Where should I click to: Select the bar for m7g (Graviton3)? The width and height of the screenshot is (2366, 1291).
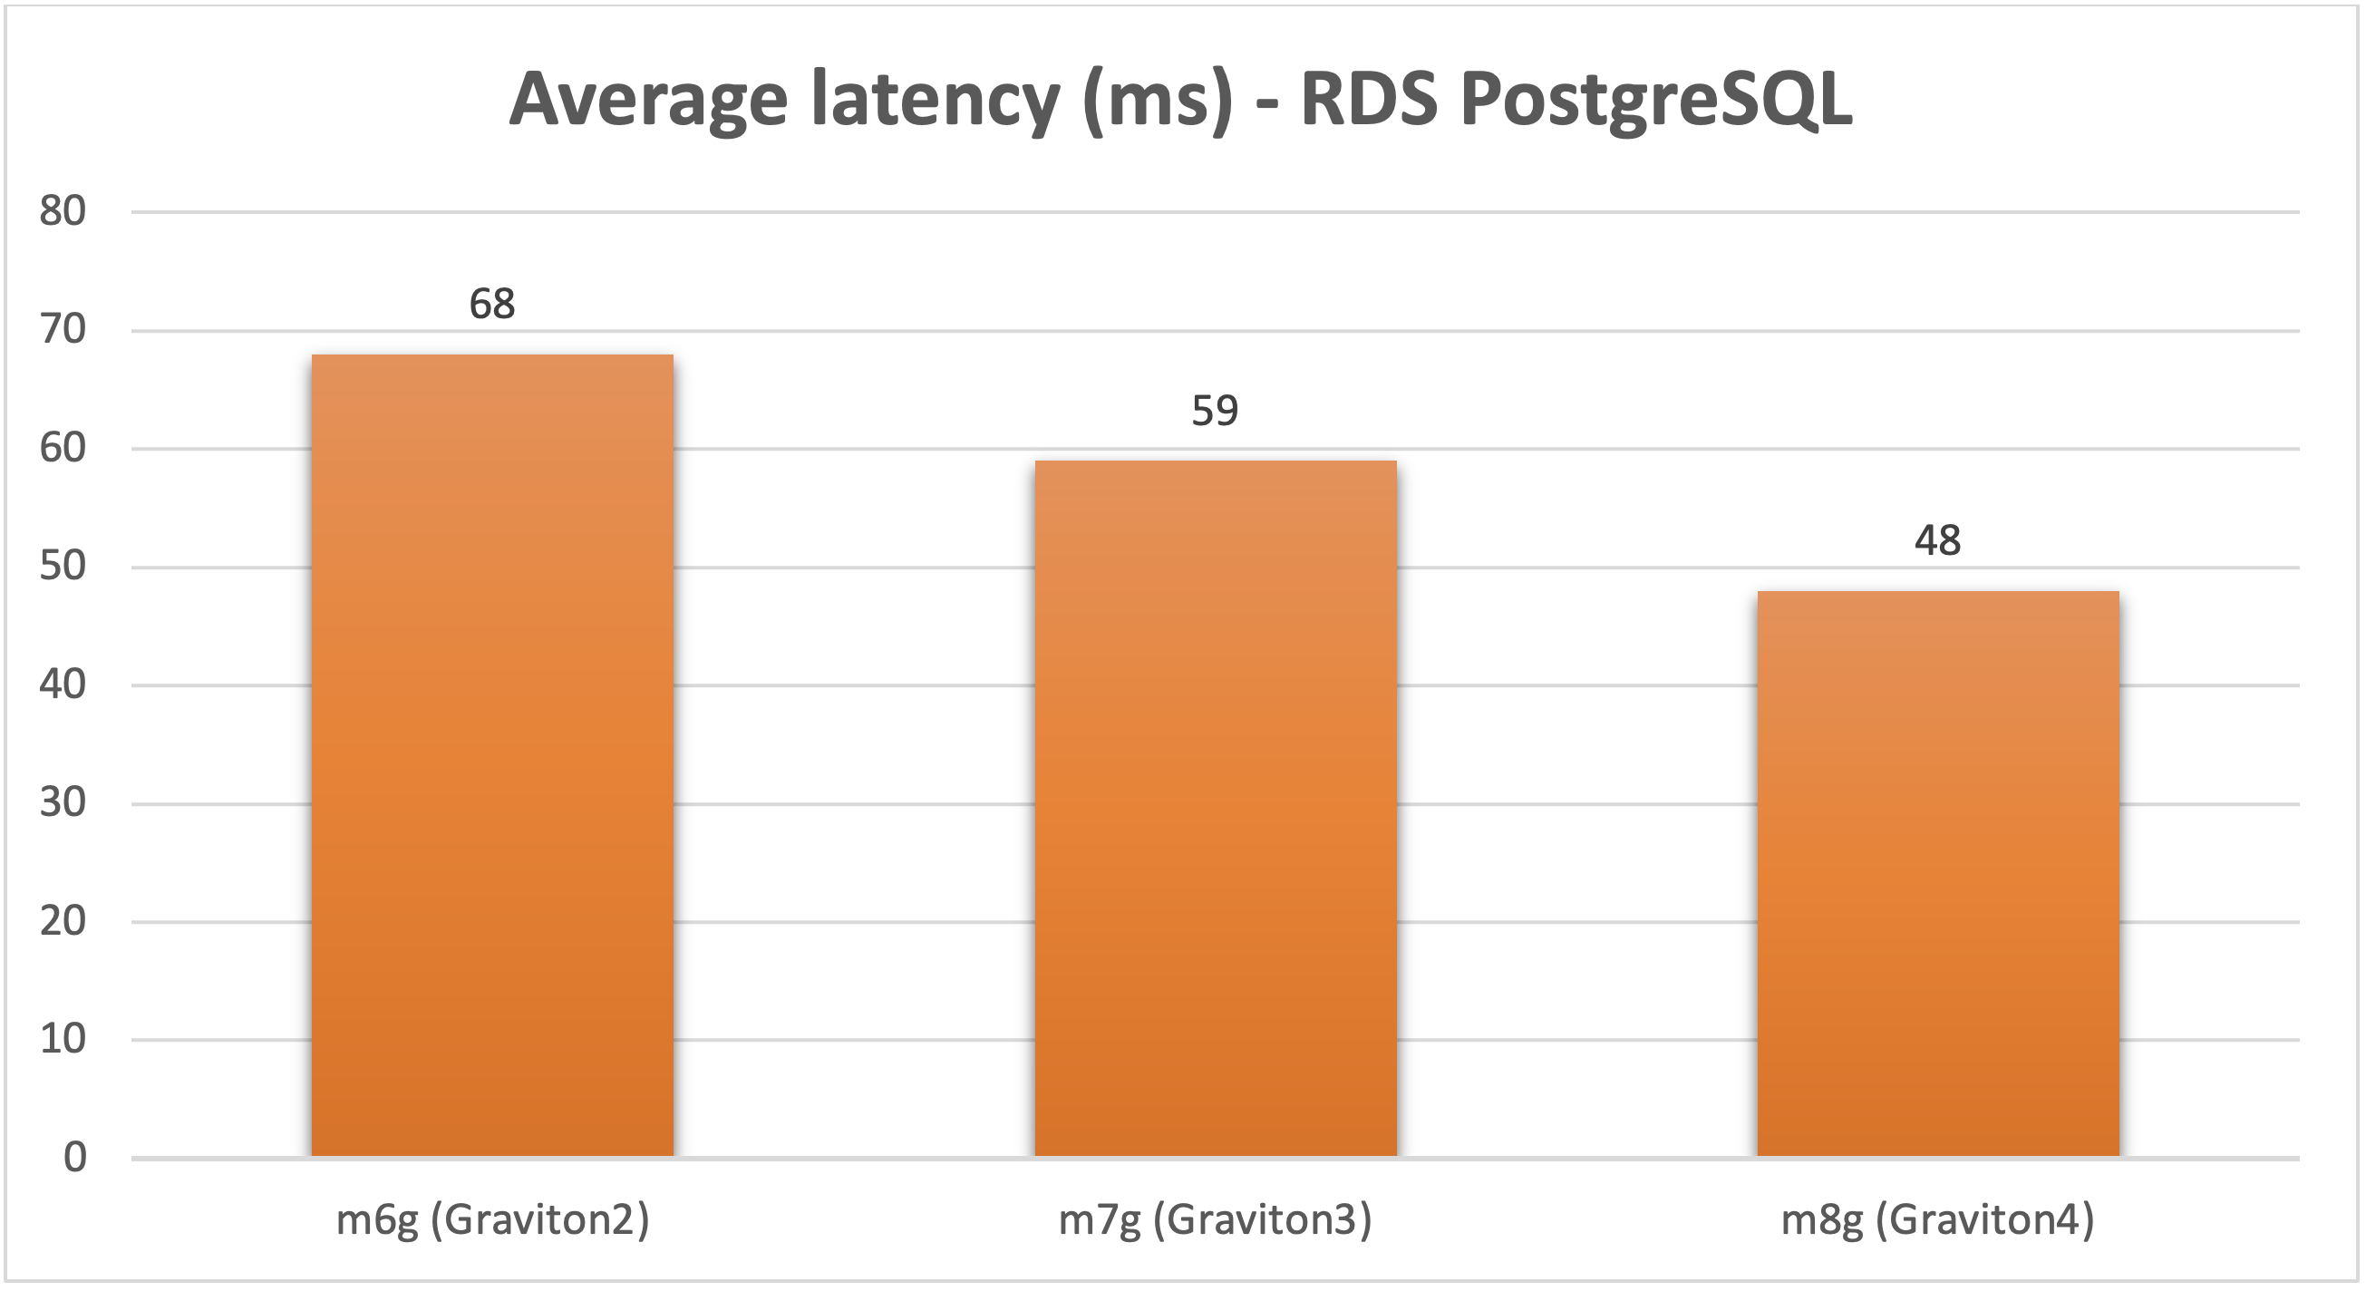[1215, 809]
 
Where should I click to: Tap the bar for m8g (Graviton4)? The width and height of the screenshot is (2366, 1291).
[1938, 873]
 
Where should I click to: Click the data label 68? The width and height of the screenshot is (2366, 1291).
[492, 304]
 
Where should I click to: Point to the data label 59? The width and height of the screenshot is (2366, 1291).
[1214, 411]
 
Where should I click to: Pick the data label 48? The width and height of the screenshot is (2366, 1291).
[1937, 540]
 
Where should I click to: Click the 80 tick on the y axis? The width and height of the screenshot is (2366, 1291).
[63, 211]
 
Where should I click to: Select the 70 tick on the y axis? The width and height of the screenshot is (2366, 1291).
[63, 329]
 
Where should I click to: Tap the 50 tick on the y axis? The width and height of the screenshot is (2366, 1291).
[63, 566]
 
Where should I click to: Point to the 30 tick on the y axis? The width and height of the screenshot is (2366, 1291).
[63, 803]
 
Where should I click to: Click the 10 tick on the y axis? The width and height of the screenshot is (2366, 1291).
[63, 1039]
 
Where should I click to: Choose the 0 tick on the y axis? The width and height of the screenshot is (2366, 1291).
[74, 1158]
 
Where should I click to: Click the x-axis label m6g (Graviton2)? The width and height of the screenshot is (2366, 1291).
[492, 1220]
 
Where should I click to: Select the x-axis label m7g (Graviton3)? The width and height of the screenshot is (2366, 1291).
[1214, 1220]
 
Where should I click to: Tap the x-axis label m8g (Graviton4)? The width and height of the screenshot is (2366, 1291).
[1937, 1220]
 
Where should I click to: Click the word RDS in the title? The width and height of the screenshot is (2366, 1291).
[1369, 99]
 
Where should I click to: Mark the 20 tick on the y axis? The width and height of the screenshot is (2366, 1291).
[63, 921]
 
